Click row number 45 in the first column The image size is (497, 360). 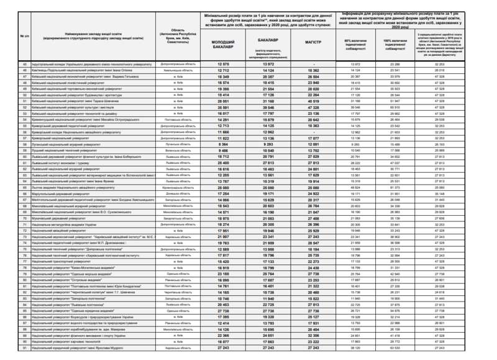point(25,64)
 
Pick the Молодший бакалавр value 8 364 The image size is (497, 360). point(224,144)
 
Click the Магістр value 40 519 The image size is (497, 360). point(312,101)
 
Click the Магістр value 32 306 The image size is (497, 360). point(312,335)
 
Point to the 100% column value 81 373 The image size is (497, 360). point(394,187)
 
